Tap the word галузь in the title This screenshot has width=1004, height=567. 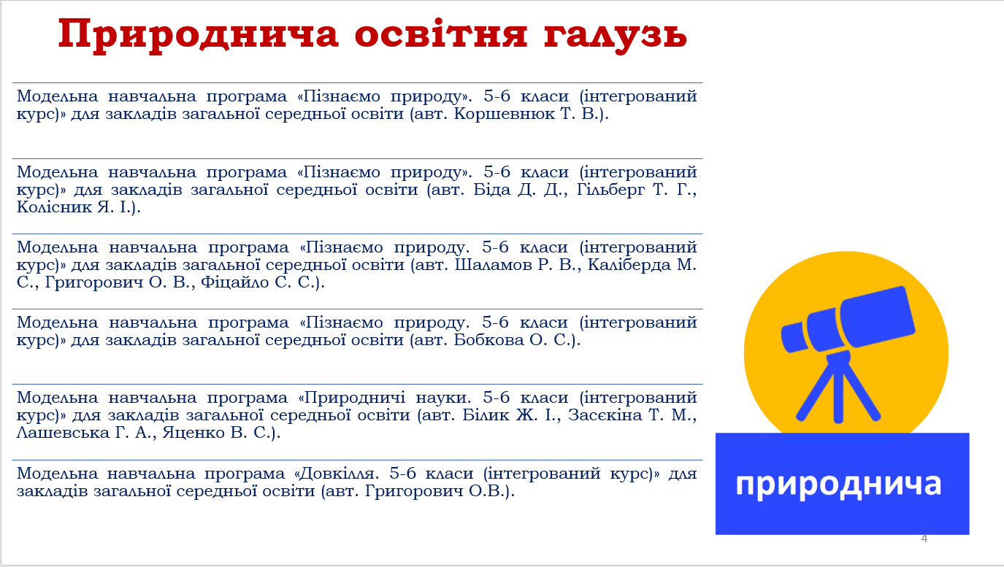[x=616, y=36]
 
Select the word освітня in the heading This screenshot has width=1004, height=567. [x=441, y=34]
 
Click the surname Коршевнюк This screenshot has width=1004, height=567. [x=505, y=114]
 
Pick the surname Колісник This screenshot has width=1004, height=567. [x=54, y=207]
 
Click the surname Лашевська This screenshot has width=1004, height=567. [x=62, y=433]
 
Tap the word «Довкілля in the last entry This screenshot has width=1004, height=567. [x=337, y=474]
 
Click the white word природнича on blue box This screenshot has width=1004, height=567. [x=838, y=485]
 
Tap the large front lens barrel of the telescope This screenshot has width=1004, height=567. [x=877, y=316]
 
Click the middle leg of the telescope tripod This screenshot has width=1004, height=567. [x=838, y=393]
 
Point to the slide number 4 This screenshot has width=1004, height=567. [x=924, y=539]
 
